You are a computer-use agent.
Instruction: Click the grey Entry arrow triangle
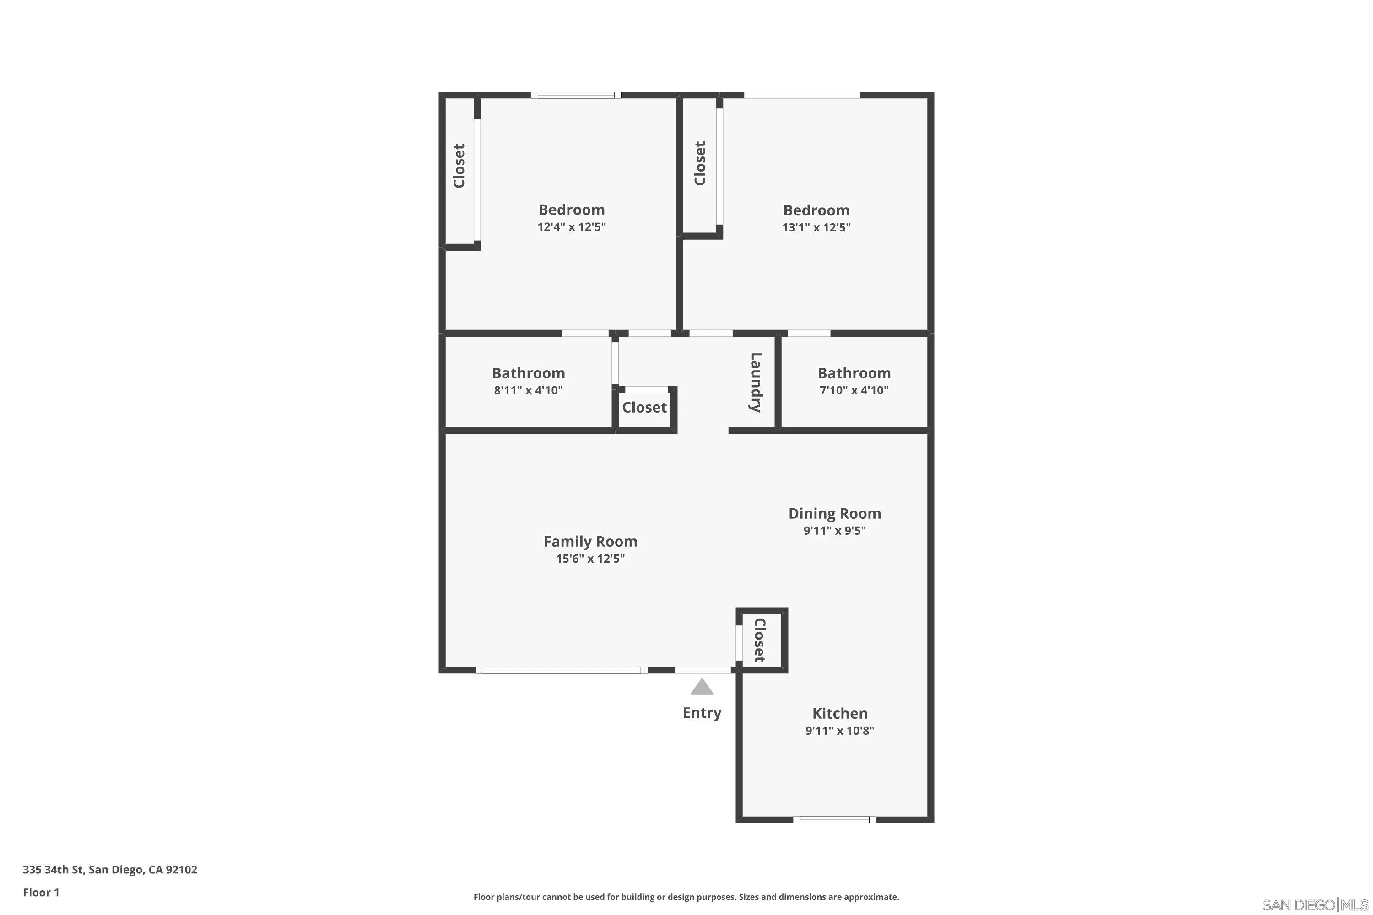click(702, 688)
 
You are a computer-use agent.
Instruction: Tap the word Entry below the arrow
click(702, 712)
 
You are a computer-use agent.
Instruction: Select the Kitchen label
click(839, 713)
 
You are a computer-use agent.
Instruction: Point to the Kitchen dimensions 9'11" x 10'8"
click(839, 731)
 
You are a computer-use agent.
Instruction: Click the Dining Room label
click(834, 513)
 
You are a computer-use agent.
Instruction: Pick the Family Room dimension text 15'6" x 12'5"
click(590, 559)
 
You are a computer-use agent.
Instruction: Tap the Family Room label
click(590, 542)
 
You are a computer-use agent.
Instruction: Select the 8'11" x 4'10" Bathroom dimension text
click(528, 390)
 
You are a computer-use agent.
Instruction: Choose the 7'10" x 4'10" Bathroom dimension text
click(854, 390)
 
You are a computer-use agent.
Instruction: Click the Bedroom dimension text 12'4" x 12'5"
click(572, 227)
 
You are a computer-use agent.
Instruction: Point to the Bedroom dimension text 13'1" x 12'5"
click(816, 227)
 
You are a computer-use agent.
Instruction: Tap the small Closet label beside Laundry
click(644, 407)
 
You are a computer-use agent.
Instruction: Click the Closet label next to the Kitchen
click(759, 640)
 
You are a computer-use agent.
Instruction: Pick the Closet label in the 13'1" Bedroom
click(700, 163)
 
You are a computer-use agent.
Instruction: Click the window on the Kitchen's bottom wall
click(834, 820)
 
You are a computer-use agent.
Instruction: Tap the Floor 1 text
click(41, 892)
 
